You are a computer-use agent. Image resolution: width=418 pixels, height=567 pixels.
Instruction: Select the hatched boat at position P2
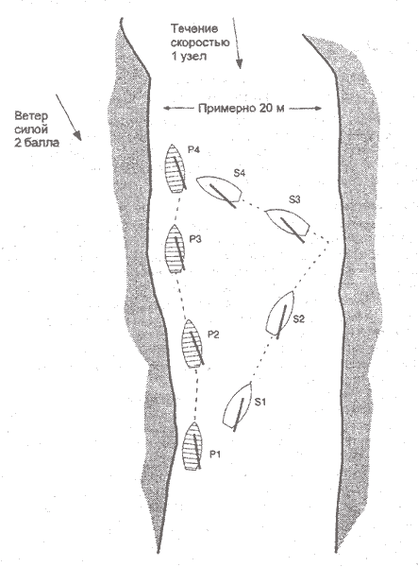192,343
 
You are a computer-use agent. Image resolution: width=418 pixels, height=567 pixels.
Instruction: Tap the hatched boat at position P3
175,248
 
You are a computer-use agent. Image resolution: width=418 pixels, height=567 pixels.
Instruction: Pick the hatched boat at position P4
176,168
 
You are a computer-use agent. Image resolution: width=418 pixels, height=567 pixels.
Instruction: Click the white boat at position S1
238,406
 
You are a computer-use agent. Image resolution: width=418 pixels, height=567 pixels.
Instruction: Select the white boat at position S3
288,222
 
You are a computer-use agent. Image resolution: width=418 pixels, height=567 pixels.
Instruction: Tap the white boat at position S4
219,190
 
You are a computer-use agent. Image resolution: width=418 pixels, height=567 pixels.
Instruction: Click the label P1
215,455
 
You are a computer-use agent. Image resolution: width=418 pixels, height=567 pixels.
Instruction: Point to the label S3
294,199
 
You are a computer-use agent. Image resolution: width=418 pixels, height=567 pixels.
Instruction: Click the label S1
260,402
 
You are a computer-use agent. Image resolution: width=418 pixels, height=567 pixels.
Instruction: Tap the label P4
193,149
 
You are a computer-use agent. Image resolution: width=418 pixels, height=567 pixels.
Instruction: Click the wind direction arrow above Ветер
69,117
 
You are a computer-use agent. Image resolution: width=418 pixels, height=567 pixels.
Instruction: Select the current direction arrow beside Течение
237,43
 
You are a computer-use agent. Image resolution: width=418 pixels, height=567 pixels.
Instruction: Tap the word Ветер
31,116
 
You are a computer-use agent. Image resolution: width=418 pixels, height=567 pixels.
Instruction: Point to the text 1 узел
189,57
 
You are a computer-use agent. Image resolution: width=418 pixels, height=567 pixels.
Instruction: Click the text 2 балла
37,143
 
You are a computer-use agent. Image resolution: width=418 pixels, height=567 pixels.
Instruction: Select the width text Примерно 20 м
242,108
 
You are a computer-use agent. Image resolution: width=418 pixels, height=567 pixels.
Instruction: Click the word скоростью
200,43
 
